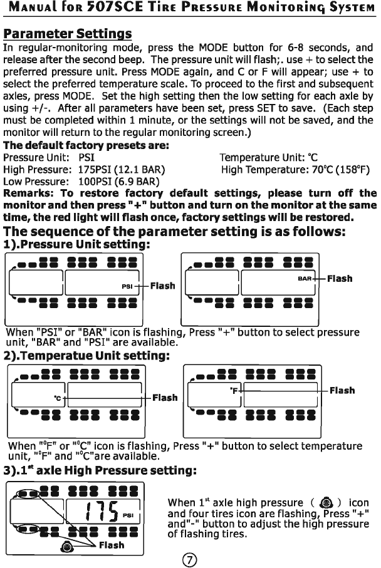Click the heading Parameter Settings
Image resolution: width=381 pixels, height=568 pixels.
coord(67,33)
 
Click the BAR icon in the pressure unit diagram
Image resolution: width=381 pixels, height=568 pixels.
coord(305,278)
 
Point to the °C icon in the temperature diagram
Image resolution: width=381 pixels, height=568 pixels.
coord(58,398)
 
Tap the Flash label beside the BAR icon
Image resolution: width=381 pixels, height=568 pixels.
coord(340,278)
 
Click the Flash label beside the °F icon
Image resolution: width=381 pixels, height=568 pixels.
coord(342,390)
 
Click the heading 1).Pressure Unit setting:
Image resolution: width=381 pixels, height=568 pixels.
coord(75,244)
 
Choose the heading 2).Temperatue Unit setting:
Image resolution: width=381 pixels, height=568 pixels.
coord(87,356)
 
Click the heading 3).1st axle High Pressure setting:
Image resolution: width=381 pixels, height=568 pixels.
coord(101,468)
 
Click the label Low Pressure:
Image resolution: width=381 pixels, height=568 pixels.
coord(37,182)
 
